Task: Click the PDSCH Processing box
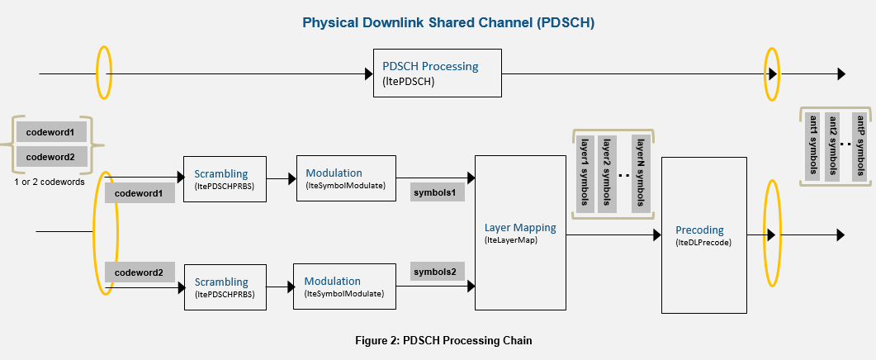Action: (437, 73)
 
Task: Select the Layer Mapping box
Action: (520, 233)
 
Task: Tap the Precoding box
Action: (704, 235)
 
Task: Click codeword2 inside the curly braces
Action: (50, 157)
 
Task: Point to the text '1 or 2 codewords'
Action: (50, 182)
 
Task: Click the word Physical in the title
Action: (327, 23)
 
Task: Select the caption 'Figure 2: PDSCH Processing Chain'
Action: (438, 340)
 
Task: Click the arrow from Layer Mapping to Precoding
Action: (610, 234)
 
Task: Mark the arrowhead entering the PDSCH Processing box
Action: (368, 74)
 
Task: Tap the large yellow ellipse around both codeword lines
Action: (107, 233)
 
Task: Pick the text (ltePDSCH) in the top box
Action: (409, 83)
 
